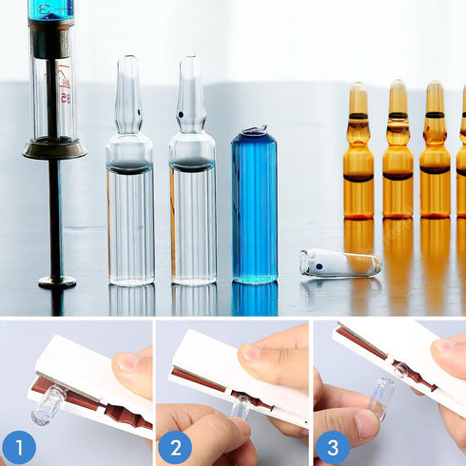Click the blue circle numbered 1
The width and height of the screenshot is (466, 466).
(x=18, y=447)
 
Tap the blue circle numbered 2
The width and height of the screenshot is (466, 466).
(x=175, y=447)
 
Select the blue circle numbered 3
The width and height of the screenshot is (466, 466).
(x=332, y=447)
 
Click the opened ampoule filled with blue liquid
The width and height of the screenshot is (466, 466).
(x=254, y=209)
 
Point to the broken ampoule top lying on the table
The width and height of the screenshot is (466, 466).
(x=340, y=263)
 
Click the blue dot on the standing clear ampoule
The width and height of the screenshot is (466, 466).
(x=181, y=116)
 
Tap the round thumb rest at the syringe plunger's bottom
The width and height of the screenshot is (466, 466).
(x=57, y=282)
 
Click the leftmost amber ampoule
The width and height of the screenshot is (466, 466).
(x=359, y=157)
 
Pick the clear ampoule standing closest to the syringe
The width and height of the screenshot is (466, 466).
(x=129, y=190)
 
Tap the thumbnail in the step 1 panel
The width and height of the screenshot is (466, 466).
(x=127, y=362)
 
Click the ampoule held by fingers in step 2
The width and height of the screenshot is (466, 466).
(x=242, y=407)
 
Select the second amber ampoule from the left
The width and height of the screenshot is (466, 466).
(x=398, y=157)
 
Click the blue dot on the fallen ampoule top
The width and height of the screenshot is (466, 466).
(x=319, y=267)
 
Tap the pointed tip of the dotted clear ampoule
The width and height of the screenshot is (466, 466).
(x=190, y=62)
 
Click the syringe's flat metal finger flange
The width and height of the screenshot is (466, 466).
(x=54, y=148)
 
